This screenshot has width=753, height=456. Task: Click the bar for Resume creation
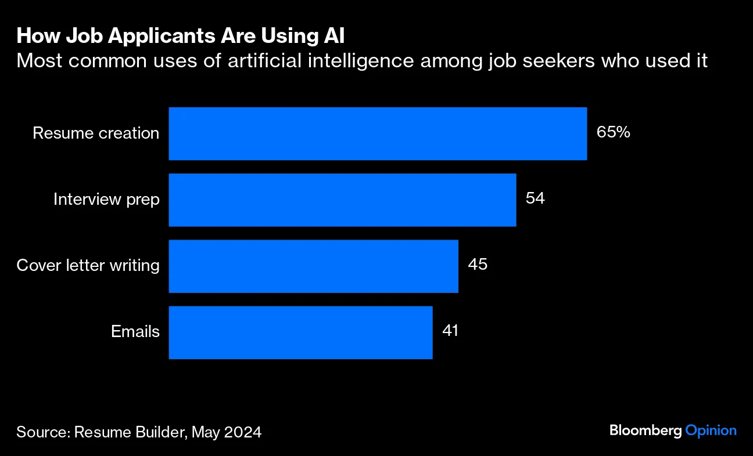(x=378, y=133)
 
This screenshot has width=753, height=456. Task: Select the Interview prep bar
(x=342, y=200)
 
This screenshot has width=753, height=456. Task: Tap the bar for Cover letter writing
(x=313, y=266)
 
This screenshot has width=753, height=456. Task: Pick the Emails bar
(x=300, y=332)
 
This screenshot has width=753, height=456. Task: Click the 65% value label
(x=613, y=133)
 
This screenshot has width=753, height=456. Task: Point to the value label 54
(x=535, y=198)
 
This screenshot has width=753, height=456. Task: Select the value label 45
(x=477, y=265)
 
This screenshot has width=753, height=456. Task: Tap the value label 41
(x=450, y=331)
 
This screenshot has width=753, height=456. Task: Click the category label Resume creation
(x=96, y=133)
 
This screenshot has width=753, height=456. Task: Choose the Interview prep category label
(x=106, y=200)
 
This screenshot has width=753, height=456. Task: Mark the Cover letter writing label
(x=88, y=266)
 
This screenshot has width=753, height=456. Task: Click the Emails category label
(x=135, y=332)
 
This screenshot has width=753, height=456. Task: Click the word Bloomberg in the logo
(x=646, y=430)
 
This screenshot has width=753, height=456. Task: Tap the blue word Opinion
(x=711, y=430)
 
